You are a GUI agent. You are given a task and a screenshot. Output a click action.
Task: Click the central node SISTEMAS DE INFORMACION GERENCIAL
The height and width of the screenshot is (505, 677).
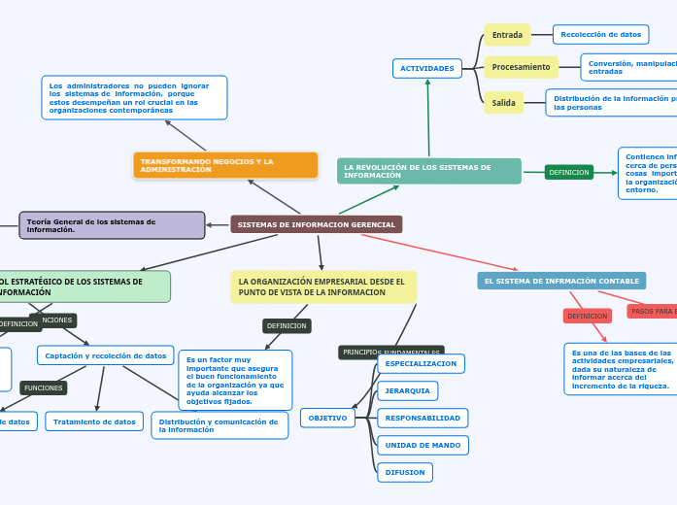[x=316, y=224]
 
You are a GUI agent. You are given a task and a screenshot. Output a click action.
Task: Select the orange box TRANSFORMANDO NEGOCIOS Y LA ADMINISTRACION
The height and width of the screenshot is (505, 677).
[x=225, y=165]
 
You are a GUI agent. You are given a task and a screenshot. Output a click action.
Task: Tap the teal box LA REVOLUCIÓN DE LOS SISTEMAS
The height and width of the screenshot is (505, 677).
[x=428, y=171]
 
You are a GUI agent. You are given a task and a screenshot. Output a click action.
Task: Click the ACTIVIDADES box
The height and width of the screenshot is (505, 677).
[x=427, y=68]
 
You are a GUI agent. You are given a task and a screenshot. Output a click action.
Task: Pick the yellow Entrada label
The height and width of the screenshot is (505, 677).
[x=507, y=35]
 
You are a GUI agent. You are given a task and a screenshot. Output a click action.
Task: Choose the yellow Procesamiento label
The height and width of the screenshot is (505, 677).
[x=521, y=67]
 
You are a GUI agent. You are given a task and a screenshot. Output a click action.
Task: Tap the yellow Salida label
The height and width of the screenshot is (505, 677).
[x=503, y=102]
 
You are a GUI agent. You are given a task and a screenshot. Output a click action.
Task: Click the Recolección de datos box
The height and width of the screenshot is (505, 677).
[x=600, y=35]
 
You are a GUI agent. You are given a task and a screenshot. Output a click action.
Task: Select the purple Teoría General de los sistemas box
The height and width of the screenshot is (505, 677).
[x=112, y=225]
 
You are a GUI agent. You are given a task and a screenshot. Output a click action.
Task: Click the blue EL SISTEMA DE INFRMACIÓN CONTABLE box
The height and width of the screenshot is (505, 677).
[x=561, y=281]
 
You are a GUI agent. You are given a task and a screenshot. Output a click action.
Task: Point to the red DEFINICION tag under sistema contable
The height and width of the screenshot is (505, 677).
[x=588, y=316]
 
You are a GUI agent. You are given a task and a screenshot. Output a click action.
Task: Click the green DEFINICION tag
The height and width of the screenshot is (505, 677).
[x=569, y=172]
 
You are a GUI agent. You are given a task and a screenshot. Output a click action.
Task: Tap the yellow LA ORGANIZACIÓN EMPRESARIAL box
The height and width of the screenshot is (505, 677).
[x=323, y=286]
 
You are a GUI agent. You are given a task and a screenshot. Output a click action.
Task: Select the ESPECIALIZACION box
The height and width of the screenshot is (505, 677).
[x=421, y=363]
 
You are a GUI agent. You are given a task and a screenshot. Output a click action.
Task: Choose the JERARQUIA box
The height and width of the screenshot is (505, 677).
[x=407, y=390]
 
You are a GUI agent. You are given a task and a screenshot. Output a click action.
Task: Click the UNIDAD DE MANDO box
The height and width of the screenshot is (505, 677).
[x=423, y=445]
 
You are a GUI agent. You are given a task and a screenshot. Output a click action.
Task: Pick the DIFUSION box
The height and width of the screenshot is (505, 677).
[x=404, y=472]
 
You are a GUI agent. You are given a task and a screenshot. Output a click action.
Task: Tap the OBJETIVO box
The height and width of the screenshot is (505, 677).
[x=327, y=418]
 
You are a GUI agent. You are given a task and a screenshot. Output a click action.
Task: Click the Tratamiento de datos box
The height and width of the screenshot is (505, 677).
[x=94, y=421]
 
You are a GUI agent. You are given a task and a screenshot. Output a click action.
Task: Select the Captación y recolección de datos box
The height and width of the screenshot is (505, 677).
[x=105, y=355]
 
